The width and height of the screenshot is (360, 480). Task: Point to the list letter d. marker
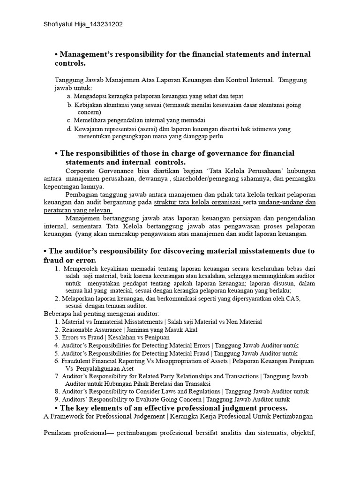(70, 128)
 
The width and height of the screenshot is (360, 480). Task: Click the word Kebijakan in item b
(87, 105)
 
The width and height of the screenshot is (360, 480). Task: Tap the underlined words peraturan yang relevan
(82, 210)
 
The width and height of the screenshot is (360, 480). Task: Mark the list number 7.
(57, 376)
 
